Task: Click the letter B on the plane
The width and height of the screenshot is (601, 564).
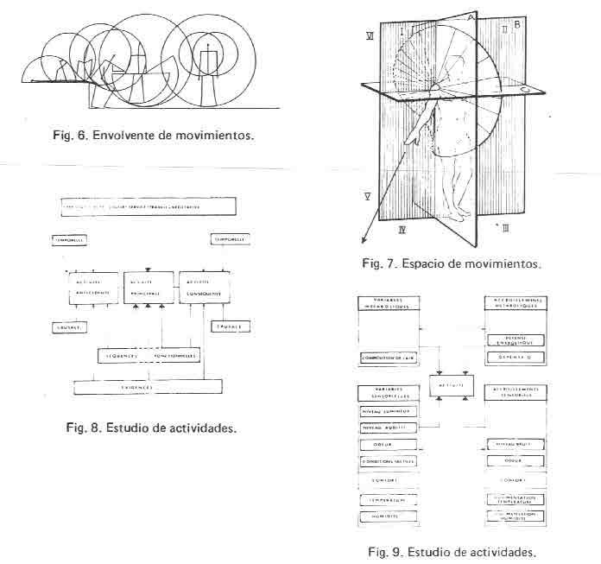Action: tap(516, 26)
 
